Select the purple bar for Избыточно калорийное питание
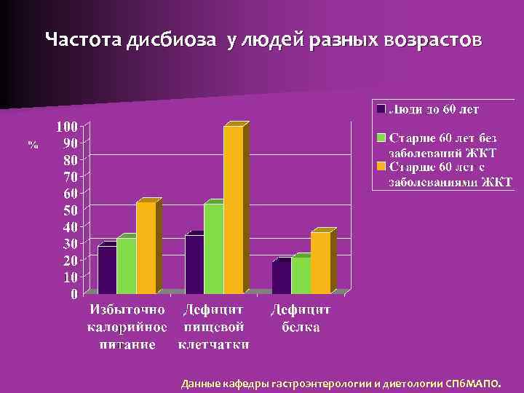pos(107,269)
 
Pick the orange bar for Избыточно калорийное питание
pos(146,247)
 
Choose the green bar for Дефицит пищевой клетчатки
pos(213,248)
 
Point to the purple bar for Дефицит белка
pos(281,277)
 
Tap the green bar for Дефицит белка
pos(301,275)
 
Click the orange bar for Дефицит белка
pos(320,263)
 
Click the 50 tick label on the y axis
pos(71,210)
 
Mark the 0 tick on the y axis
pos(74,294)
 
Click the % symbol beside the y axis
pos(33,145)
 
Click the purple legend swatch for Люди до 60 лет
pos(381,109)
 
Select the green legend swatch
pos(381,138)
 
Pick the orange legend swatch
pos(381,167)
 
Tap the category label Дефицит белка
pos(301,318)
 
